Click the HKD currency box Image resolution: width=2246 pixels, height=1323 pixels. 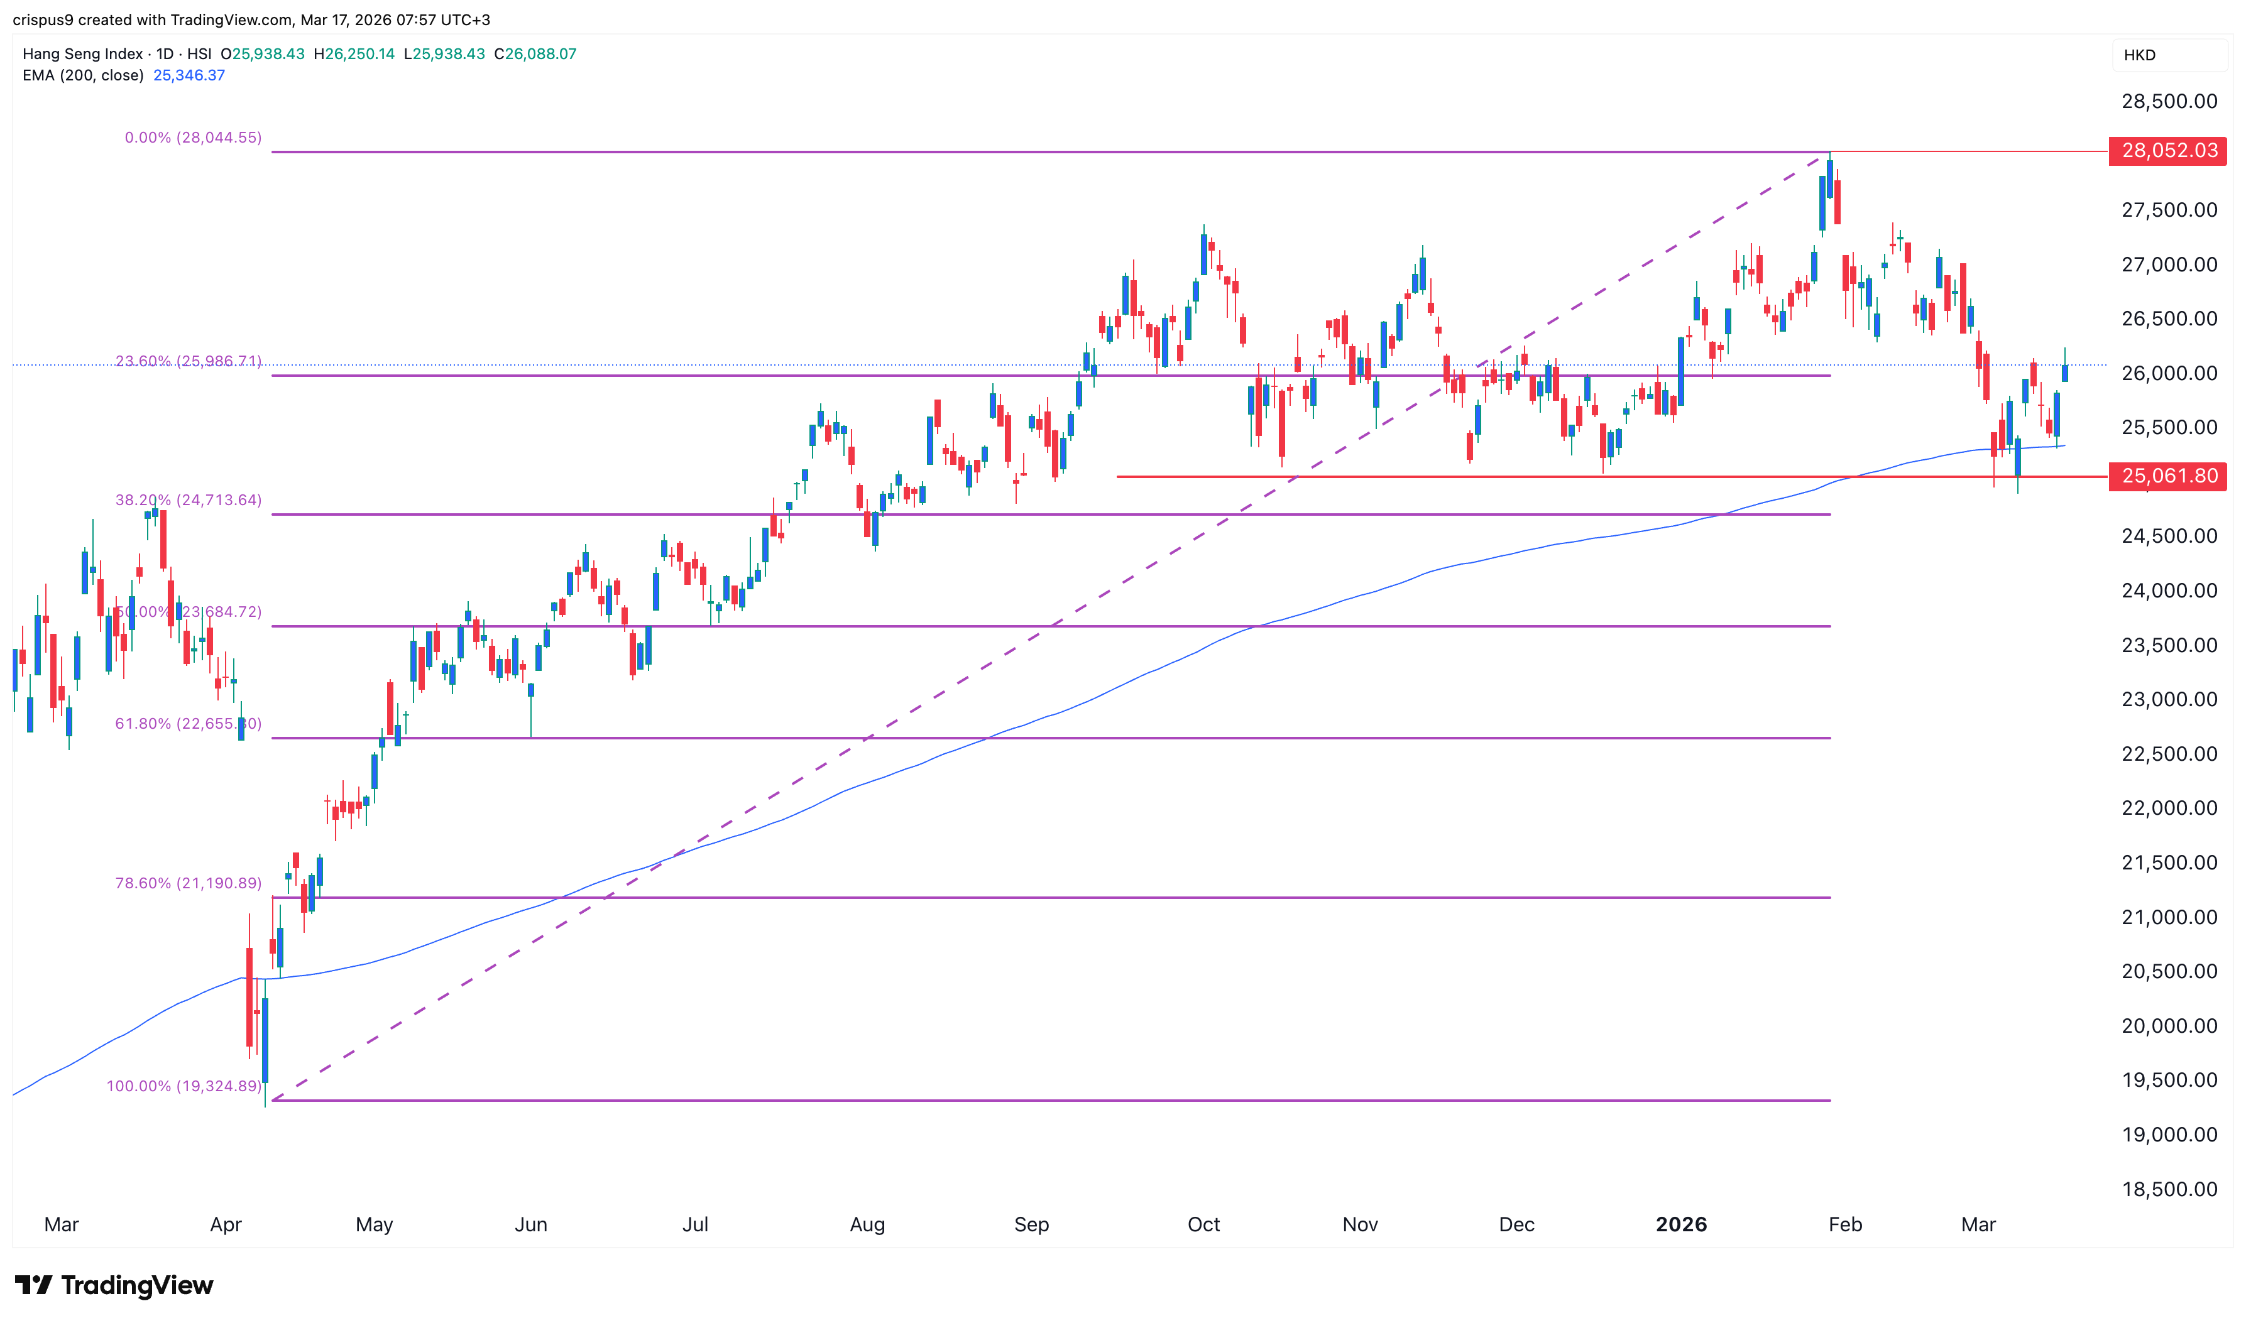point(2140,55)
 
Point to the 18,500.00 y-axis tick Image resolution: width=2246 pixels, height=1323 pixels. point(2169,1189)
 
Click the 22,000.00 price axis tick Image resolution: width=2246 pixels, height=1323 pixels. point(2169,808)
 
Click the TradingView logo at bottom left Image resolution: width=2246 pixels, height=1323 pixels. point(114,1285)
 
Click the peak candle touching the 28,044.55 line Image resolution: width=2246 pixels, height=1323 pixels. point(1829,178)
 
